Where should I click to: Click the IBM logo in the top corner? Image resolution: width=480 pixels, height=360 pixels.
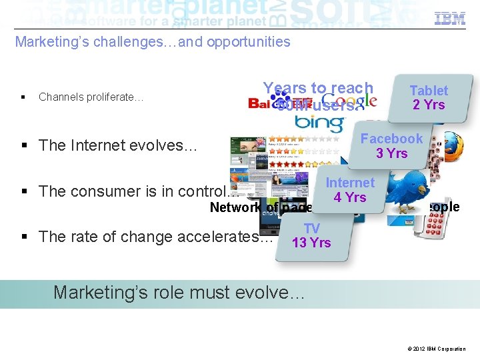(450, 19)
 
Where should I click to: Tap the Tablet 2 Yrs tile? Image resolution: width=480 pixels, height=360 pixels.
(429, 97)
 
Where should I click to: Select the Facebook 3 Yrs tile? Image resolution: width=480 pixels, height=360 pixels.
(391, 145)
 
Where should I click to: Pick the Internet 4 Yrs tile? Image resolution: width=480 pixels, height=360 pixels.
(350, 189)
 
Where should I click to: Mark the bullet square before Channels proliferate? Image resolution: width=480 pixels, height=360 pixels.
(23, 97)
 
